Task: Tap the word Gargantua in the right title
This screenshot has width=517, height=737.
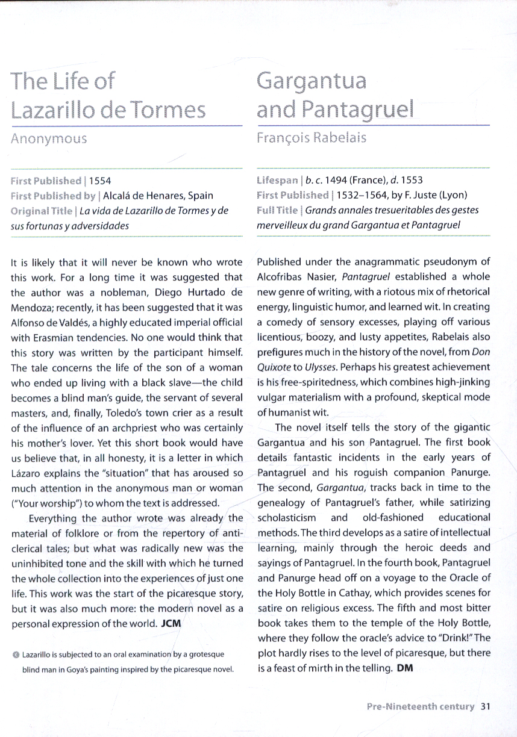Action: pos(312,80)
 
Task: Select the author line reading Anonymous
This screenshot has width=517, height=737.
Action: pos(49,138)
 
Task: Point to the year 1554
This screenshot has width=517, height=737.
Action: pos(100,180)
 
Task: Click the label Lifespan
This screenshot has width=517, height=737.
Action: pos(277,180)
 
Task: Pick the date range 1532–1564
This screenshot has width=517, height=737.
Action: pos(362,195)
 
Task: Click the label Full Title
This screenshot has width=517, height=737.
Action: pos(277,210)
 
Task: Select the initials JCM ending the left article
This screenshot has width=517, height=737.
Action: pos(172,623)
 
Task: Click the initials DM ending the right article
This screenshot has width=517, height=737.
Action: pos(405,668)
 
